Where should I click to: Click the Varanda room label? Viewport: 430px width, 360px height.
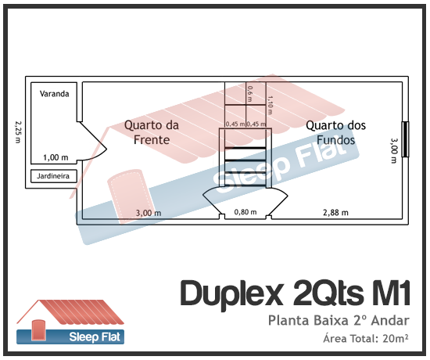(54, 94)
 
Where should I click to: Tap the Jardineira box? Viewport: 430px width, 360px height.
(54, 176)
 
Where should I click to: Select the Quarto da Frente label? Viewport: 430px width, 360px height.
(152, 132)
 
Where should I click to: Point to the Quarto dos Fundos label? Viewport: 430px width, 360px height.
(335, 132)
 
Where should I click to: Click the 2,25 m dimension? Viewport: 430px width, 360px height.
(18, 132)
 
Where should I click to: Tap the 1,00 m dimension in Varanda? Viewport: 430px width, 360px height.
(56, 157)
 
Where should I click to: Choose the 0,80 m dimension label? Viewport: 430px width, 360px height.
(245, 212)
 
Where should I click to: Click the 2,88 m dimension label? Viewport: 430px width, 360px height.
(335, 213)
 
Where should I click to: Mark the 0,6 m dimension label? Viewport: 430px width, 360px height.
(250, 94)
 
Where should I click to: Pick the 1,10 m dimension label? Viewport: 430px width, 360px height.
(270, 105)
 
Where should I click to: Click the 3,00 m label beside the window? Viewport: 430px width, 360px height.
(394, 151)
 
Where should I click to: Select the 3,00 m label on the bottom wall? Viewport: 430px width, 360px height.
(149, 213)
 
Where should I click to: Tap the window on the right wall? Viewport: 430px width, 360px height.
(405, 139)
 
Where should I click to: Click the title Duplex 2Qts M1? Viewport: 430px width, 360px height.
(295, 293)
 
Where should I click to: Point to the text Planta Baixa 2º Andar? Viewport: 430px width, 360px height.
(339, 320)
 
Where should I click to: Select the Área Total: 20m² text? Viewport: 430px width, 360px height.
(366, 338)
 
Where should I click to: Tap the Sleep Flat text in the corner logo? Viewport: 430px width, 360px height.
(95, 337)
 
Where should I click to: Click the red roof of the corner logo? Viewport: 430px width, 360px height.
(81, 311)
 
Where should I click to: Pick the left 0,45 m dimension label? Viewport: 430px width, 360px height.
(235, 124)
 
